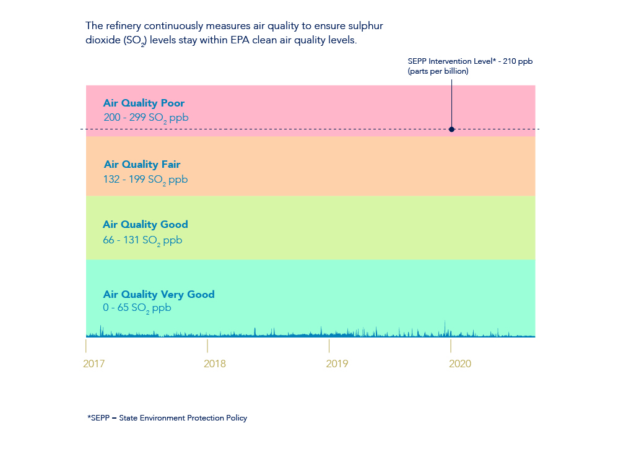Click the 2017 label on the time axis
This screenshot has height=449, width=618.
coord(94,364)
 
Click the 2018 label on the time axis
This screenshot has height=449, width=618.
coord(215,364)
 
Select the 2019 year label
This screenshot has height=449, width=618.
coord(337,364)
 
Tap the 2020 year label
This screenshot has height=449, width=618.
coord(459,364)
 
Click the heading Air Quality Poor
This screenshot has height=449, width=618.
coord(144,103)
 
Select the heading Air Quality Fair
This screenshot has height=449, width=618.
coord(142,165)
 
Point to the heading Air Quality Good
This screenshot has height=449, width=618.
coord(146,225)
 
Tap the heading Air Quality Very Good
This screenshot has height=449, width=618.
coord(159,295)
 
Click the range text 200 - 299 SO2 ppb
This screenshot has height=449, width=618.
coord(146,117)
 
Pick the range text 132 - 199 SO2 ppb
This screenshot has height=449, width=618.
coord(145,180)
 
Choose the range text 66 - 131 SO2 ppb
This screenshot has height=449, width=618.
coord(142,240)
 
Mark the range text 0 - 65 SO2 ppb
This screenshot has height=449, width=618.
coord(137,308)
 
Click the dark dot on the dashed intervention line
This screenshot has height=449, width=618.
coord(451,129)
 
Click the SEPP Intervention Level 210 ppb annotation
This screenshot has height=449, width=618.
coord(470,61)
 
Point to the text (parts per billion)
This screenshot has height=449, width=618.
coord(438,71)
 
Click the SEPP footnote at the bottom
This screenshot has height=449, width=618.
coord(167,418)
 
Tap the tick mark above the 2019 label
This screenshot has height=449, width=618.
coord(329,346)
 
